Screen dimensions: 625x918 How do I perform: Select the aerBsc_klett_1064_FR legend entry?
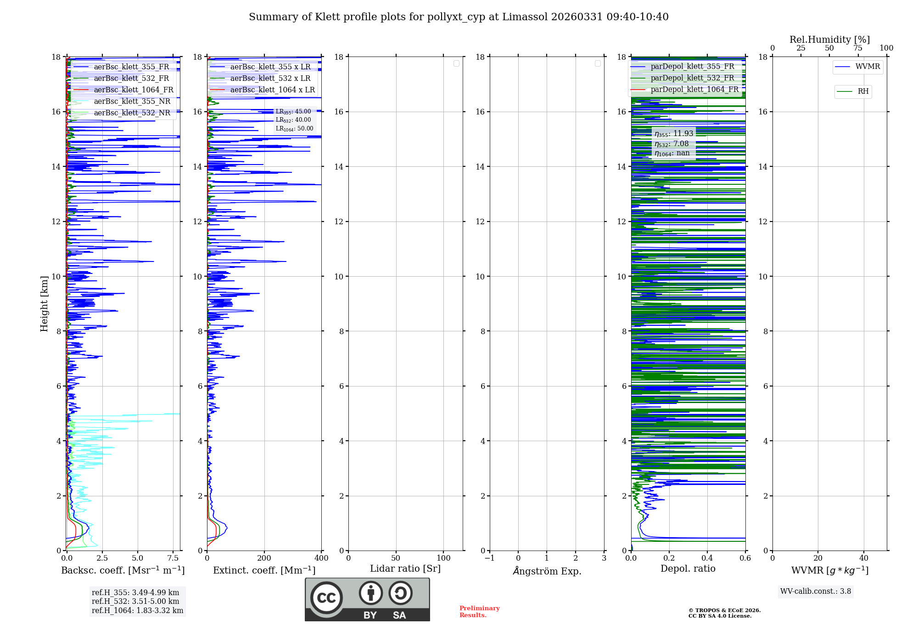(x=133, y=90)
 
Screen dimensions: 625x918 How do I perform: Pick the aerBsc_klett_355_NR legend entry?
(x=132, y=102)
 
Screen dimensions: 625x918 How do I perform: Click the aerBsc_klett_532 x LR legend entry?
(x=270, y=79)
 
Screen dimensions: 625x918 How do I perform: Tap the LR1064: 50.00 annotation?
(x=294, y=129)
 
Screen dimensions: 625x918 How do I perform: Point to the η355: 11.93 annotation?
(x=673, y=134)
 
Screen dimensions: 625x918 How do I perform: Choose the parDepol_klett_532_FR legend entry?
(x=692, y=78)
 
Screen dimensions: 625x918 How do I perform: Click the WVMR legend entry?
(x=867, y=67)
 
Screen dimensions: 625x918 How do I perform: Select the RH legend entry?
(x=862, y=91)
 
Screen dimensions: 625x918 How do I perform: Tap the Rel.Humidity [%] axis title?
(x=829, y=40)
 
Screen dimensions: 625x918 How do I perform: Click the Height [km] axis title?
(x=44, y=304)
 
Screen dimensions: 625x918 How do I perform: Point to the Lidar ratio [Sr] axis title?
(x=405, y=569)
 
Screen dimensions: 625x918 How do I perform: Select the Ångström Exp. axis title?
(x=547, y=571)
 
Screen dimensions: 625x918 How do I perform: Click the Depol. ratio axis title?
(x=688, y=569)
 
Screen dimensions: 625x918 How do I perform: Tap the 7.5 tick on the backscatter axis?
(x=173, y=558)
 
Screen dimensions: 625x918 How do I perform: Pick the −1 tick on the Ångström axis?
(x=490, y=558)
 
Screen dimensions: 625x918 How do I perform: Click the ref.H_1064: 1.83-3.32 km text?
(x=137, y=611)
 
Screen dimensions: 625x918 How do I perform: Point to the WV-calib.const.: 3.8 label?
(x=816, y=591)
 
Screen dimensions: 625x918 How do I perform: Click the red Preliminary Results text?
(x=479, y=612)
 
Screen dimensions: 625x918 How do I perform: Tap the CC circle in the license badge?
(x=326, y=598)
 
